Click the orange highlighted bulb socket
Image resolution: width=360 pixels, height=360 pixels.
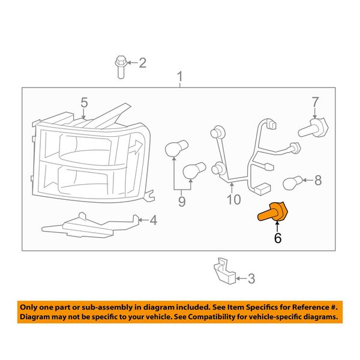pos(273,212)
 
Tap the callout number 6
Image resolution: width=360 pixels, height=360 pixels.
pos(278,238)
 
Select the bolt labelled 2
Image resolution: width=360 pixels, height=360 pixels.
pos(121,67)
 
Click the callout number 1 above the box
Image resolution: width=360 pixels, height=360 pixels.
pos(180,76)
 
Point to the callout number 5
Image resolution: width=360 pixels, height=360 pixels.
pos(84,103)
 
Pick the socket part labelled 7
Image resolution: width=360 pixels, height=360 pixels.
pos(313,128)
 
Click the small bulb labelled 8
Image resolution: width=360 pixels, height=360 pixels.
pos(292,182)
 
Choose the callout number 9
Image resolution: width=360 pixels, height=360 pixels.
pos(182,202)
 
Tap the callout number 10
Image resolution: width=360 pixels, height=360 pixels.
pos(234,199)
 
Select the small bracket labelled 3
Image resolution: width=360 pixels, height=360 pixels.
pos(225,271)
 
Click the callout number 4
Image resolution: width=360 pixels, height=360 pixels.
pos(154,220)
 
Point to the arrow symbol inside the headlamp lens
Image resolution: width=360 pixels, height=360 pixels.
pos(136,147)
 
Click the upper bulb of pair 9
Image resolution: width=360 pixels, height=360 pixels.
pos(176,148)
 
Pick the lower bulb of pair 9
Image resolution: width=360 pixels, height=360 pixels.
pos(194,171)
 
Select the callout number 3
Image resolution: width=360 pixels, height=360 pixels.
pos(251,278)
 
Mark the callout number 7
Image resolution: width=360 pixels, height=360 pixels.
pos(315,102)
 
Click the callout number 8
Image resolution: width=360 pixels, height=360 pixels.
pos(318,180)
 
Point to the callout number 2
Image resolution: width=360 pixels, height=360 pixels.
pos(143,62)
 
